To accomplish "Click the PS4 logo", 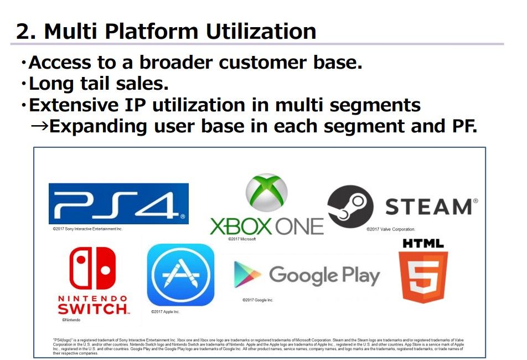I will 118,203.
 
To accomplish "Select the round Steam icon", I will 350,207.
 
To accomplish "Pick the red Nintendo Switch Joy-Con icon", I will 92,268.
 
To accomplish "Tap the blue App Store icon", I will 180,275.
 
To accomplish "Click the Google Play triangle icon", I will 247,275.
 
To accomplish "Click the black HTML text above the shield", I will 423,243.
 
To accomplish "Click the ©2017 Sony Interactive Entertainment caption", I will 87,228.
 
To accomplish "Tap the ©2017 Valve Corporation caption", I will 390,229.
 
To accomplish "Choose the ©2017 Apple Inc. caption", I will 166,312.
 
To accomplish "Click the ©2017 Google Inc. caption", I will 257,300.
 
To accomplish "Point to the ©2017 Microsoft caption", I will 242,239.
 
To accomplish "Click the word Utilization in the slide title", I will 261,31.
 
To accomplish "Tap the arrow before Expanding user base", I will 39,126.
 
